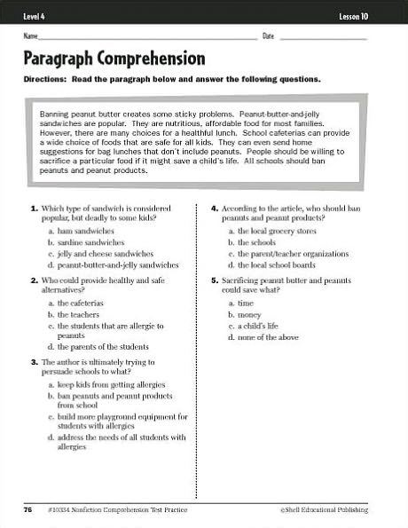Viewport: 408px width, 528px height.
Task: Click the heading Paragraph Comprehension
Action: (114, 59)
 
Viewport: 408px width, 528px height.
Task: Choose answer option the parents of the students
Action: (103, 346)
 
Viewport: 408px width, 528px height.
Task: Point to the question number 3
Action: (34, 362)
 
